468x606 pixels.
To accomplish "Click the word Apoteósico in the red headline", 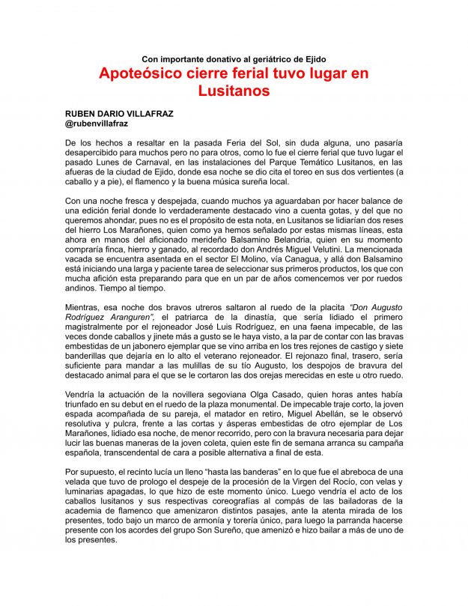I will click(146, 75).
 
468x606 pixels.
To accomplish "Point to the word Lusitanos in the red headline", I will click(234, 91).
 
